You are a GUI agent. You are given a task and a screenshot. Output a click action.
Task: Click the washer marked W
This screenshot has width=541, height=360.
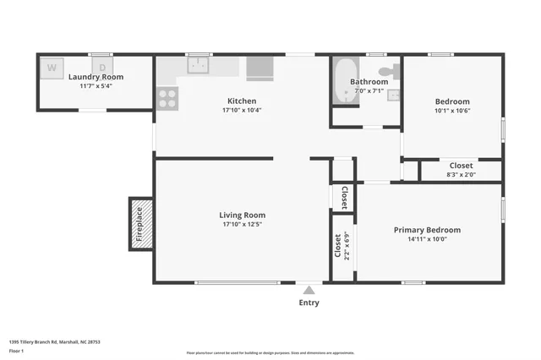[x=52, y=67]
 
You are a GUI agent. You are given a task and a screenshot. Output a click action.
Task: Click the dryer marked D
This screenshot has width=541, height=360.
[x=102, y=67]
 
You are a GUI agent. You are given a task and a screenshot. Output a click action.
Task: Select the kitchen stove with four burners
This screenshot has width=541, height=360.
[x=167, y=98]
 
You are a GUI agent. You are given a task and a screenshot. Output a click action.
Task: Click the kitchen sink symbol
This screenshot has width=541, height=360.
[x=199, y=66]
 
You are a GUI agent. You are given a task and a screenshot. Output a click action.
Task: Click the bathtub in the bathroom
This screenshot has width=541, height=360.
[x=345, y=82]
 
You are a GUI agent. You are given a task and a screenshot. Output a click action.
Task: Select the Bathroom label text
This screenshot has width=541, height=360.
[x=369, y=82]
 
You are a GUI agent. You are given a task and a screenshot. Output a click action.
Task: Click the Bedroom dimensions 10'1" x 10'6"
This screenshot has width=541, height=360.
[x=452, y=110]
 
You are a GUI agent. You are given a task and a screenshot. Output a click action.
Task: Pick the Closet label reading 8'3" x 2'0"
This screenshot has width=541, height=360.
[x=461, y=175]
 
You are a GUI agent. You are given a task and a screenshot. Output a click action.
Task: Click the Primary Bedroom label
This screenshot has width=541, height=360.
[x=427, y=230]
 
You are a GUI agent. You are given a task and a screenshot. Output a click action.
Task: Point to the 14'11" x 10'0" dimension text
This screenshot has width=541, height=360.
[x=427, y=239]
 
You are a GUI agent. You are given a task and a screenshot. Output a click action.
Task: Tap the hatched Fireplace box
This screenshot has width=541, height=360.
[x=141, y=224]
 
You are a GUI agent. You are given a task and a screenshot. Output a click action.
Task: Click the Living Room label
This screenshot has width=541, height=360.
[x=243, y=215]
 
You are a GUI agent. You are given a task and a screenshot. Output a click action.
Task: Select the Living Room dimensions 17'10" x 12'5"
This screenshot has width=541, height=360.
[x=243, y=224]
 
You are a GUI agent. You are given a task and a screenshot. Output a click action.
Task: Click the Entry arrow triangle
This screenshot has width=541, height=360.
[x=309, y=289]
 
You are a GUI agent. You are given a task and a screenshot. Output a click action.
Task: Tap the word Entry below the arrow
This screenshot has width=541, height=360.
[x=309, y=303]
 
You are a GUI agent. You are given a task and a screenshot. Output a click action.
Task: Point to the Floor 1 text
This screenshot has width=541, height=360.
[x=17, y=350]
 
